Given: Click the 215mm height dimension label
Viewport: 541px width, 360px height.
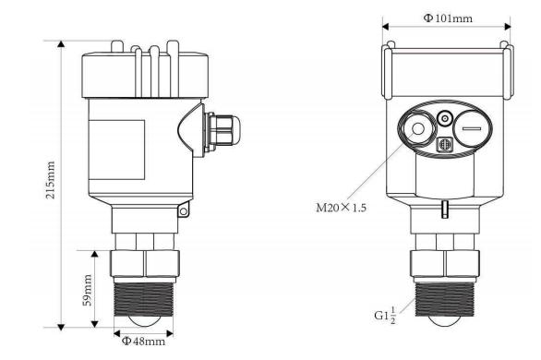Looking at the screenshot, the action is coord(51,180).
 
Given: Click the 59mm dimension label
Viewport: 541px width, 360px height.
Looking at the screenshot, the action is coord(88,290).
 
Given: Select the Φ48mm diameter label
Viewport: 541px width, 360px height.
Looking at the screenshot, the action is coord(143,341).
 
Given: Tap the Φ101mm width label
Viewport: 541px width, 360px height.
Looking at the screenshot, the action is coord(448,18).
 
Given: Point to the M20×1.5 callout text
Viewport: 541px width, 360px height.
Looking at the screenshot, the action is coord(342,208).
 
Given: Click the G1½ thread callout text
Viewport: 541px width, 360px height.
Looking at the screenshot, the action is coord(385,317).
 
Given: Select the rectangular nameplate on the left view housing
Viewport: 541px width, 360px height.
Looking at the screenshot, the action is coord(116,150).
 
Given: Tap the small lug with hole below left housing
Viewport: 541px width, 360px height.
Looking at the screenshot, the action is coord(184,210).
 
